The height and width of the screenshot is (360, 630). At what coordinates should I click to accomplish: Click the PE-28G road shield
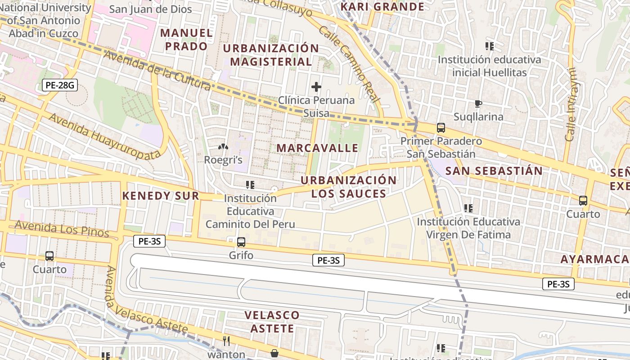[59, 85]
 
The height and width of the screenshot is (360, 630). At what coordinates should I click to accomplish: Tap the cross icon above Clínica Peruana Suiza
[316, 86]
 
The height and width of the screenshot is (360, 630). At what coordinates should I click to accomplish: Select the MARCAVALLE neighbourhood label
[317, 148]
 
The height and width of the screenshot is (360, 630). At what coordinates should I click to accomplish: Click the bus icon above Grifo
[241, 242]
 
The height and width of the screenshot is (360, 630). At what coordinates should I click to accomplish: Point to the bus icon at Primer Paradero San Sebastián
[441, 128]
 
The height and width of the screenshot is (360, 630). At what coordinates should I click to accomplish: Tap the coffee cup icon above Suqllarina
[478, 104]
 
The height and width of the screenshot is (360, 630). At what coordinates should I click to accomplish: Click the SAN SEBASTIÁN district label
[494, 171]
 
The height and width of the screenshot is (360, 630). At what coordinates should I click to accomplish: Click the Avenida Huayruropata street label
[104, 136]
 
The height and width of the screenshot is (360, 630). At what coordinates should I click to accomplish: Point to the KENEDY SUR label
[160, 196]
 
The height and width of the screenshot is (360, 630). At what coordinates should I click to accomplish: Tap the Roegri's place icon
[223, 147]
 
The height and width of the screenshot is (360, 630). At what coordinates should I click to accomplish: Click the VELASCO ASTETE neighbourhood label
[272, 321]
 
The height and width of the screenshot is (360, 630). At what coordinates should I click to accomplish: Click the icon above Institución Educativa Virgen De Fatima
[468, 208]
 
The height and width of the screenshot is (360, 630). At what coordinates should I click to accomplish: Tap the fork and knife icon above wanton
[226, 341]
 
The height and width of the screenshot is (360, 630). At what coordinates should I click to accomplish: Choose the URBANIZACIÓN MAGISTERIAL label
[271, 55]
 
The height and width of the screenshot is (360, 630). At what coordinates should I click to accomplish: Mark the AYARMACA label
[594, 259]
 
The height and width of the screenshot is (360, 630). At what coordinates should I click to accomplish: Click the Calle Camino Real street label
[350, 64]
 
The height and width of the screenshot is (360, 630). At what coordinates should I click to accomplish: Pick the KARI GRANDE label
[382, 6]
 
